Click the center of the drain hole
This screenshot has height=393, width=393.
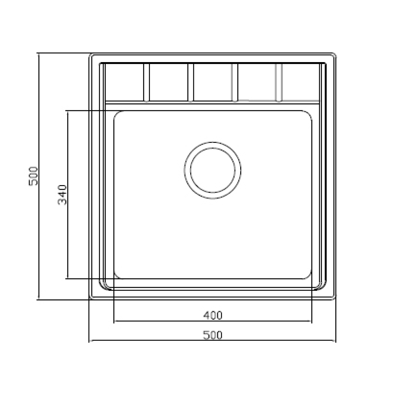pyautogui.click(x=213, y=171)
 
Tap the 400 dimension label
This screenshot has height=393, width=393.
pyautogui.click(x=213, y=315)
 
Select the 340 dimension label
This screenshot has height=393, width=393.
pyautogui.click(x=62, y=195)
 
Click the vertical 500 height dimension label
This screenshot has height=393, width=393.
pyautogui.click(x=33, y=176)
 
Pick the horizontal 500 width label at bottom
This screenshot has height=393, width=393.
pyautogui.click(x=213, y=335)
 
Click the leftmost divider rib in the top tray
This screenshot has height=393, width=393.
pyautogui.click(x=147, y=83)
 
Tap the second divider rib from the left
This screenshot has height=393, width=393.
pyautogui.click(x=191, y=83)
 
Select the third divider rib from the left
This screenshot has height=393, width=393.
pyautogui.click(x=235, y=83)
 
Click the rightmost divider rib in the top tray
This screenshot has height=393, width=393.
pyautogui.click(x=279, y=83)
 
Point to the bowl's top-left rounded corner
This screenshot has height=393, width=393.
pyautogui.click(x=117, y=113)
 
